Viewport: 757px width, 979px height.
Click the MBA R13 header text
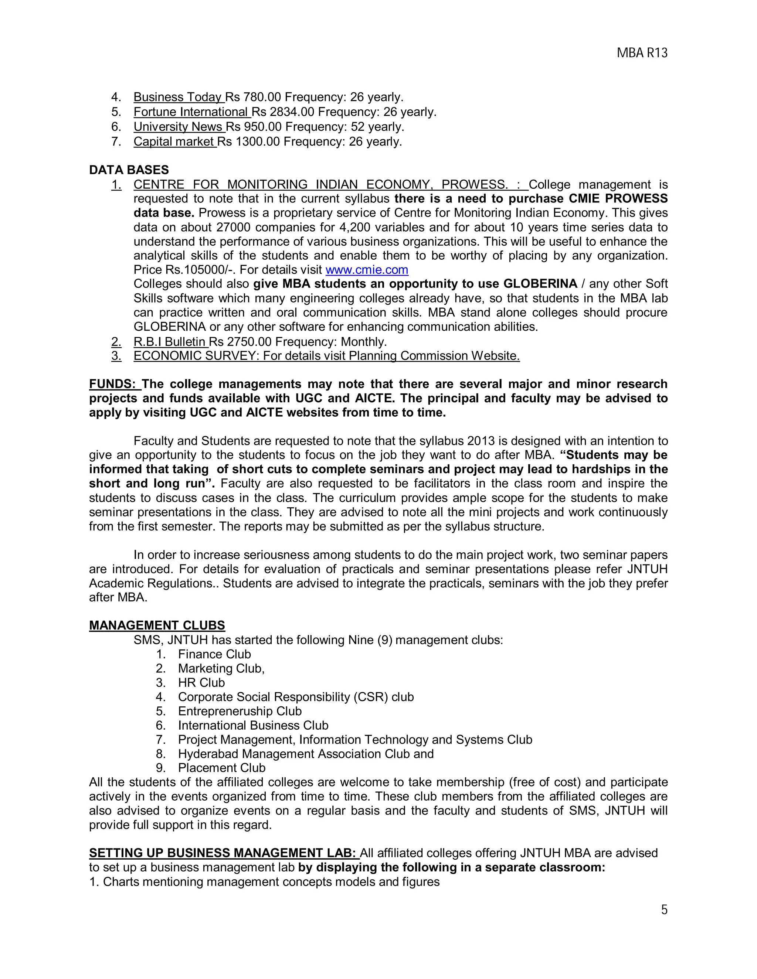point(642,53)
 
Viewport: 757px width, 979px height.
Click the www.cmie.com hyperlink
point(366,270)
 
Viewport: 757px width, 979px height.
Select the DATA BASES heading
point(129,170)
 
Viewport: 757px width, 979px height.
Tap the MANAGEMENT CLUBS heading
point(157,625)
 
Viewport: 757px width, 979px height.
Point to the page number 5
point(664,910)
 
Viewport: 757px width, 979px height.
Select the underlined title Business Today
point(177,97)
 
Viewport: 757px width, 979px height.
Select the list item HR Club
point(201,683)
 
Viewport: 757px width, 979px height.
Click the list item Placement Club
point(221,768)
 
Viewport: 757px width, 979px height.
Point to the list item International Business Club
point(253,725)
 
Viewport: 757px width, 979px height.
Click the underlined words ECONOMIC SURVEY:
point(196,356)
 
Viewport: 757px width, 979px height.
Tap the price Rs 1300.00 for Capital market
point(248,141)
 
